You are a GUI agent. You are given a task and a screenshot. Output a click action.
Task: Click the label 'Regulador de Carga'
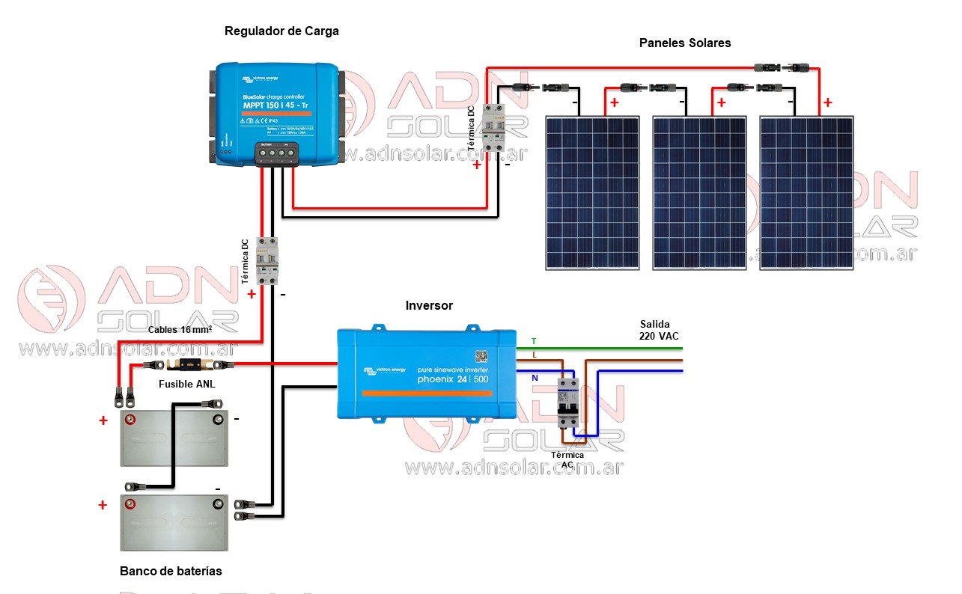click(281, 31)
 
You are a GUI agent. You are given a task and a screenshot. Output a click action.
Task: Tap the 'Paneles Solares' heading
click(684, 43)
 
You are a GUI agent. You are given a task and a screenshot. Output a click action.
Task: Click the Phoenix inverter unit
click(426, 373)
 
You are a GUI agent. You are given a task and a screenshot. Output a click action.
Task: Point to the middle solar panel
click(699, 192)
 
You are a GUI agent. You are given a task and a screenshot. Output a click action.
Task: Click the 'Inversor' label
click(429, 305)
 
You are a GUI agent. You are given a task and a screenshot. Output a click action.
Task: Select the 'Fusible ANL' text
click(187, 385)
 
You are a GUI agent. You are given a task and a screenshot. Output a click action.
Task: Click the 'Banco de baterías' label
click(171, 571)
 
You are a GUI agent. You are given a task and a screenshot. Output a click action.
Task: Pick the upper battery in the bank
click(174, 438)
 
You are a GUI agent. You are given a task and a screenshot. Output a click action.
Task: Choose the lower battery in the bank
click(174, 521)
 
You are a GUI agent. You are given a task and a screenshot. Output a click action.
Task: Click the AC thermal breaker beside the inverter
click(569, 402)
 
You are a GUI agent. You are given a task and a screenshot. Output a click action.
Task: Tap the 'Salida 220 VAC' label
click(659, 330)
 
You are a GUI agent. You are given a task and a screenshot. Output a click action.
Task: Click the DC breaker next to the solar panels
click(493, 129)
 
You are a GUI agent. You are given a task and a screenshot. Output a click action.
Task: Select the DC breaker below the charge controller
click(267, 260)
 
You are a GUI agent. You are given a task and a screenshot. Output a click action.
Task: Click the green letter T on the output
click(534, 341)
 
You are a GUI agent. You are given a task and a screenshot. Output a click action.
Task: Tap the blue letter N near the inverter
click(534, 379)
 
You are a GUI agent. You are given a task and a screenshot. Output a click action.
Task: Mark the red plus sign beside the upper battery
click(103, 421)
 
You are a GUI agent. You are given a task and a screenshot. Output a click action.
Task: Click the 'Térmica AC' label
click(567, 459)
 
